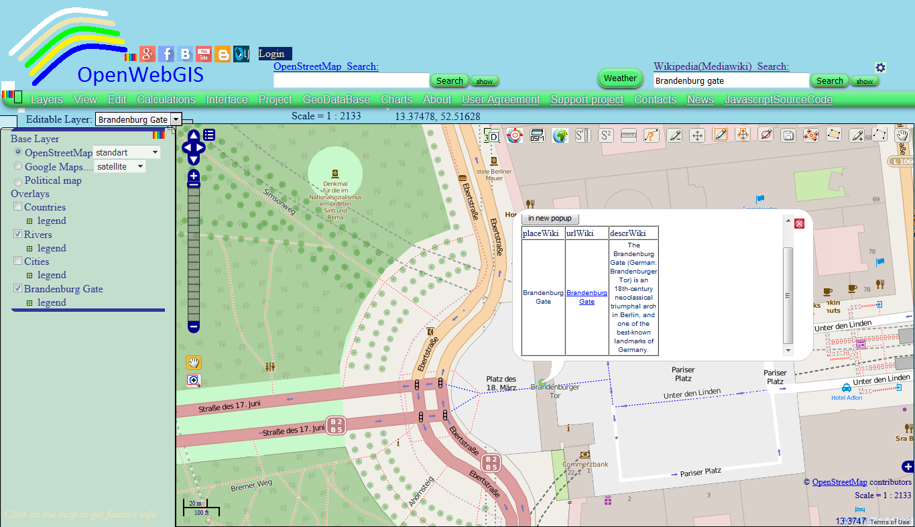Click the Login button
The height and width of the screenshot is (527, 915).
point(271,54)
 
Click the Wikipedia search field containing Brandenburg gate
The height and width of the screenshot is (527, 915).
point(731,80)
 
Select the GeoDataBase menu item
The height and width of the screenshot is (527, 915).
point(336,99)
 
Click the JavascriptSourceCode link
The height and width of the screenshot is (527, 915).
point(778,99)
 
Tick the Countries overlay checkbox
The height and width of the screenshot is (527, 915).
point(18,207)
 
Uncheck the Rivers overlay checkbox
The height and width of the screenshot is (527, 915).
point(18,235)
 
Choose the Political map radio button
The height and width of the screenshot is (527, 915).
point(18,181)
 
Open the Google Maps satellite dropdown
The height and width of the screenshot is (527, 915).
point(120,166)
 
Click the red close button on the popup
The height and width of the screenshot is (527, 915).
point(799,223)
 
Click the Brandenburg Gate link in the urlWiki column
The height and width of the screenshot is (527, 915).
point(587,297)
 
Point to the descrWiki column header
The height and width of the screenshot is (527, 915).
point(628,233)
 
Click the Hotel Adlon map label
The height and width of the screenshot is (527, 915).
point(847,398)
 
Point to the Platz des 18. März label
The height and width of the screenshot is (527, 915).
point(501,384)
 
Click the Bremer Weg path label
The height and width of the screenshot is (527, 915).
point(251,485)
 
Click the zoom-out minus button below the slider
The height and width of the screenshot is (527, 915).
point(194,327)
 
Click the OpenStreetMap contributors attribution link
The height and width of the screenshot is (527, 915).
point(839,482)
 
